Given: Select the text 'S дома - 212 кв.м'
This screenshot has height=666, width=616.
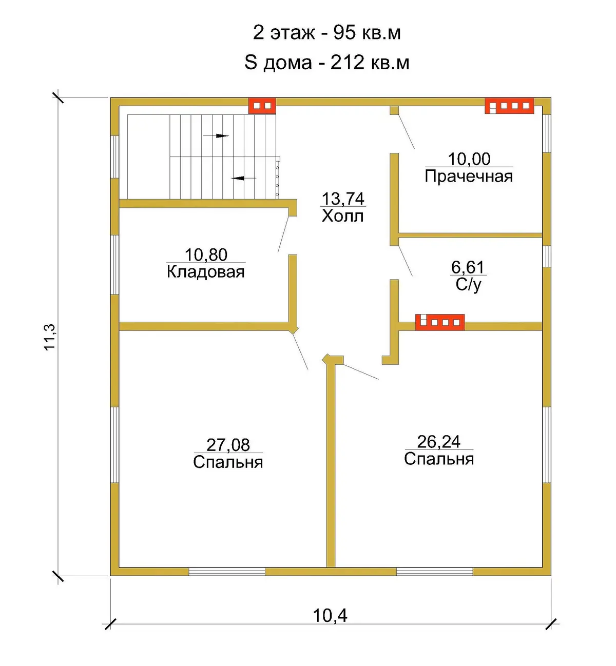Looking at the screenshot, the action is pos(326,63).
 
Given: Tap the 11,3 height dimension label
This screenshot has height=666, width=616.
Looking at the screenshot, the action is pos(50,337).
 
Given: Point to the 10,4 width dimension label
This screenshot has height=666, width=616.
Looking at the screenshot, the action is pos(330,615).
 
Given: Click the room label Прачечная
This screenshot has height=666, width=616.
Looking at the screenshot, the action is pos(469,177).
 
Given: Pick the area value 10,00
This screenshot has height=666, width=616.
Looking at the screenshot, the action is pos(469,159).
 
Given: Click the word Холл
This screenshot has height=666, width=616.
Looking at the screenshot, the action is pos(342,216).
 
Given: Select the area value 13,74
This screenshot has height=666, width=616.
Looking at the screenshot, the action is pos(343,199).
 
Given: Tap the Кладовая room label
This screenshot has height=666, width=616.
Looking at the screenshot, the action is pos(206,272).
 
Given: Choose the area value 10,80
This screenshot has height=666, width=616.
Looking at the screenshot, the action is pos(206,255).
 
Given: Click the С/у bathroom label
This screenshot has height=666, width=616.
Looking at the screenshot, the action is pos(468,285).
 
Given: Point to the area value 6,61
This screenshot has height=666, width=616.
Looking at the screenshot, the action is pos(468,267).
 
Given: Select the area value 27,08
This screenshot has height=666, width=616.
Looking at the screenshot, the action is pos(228,445).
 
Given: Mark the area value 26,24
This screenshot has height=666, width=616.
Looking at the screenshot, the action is pos(439,442).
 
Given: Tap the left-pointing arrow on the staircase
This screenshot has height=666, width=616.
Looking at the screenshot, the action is pos(244,178).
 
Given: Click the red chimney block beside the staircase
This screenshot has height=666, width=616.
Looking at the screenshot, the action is pos(262,106).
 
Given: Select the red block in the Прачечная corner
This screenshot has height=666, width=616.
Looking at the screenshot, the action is pos(509,106).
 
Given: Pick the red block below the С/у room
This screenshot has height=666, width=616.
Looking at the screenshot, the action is pos(440,322).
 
